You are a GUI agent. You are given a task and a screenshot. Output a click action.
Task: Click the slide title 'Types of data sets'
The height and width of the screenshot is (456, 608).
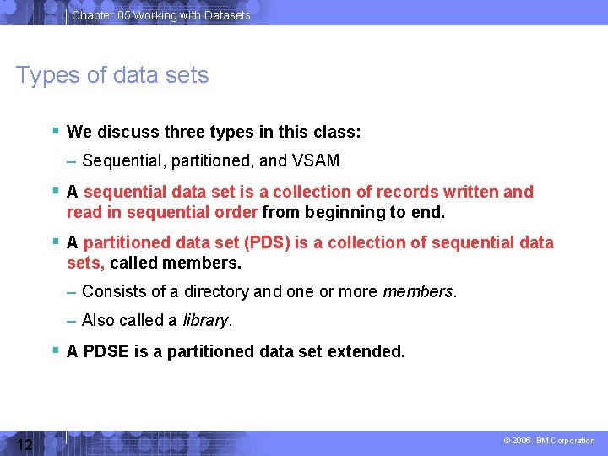pyautogui.click(x=112, y=75)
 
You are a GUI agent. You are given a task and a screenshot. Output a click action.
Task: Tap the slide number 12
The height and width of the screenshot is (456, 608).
pyautogui.click(x=24, y=444)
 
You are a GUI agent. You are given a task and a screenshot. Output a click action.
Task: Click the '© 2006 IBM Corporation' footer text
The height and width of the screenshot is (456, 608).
pyautogui.click(x=549, y=441)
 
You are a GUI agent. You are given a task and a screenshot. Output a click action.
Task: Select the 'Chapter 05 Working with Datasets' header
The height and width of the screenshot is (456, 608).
pyautogui.click(x=160, y=15)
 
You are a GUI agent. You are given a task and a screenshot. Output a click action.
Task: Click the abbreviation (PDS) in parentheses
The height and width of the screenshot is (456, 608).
pyautogui.click(x=266, y=243)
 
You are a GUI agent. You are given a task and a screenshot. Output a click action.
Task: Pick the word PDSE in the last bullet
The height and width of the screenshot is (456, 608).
pyautogui.click(x=106, y=351)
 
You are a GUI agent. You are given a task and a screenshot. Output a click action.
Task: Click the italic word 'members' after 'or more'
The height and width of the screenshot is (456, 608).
pyautogui.click(x=418, y=292)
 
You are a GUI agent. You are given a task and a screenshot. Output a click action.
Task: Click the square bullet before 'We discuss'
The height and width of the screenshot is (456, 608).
pyautogui.click(x=55, y=131)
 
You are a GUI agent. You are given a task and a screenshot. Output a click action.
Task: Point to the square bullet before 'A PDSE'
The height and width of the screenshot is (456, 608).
pyautogui.click(x=55, y=350)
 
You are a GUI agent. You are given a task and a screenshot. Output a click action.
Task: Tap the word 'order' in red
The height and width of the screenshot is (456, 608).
pyautogui.click(x=237, y=212)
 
